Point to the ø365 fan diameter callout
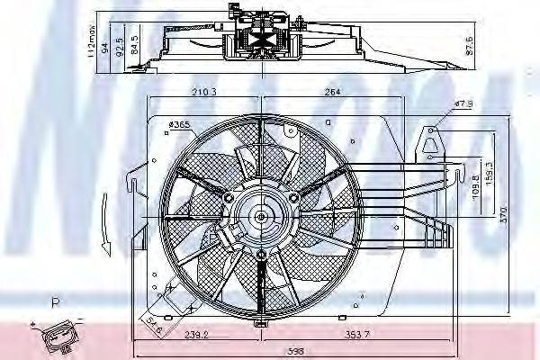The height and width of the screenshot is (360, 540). point(184,124)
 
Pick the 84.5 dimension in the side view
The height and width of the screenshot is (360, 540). point(135,43)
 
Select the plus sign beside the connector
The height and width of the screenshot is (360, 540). point(32,322)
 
